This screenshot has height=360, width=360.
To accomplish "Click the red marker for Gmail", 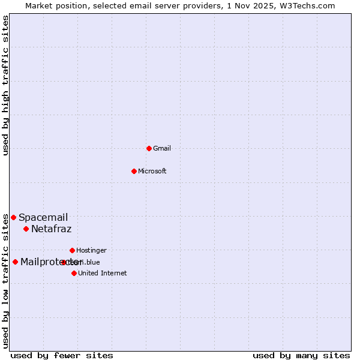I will tap(149, 148).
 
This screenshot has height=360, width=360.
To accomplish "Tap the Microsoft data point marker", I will tap(134, 171).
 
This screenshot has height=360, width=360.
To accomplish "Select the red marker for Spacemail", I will tap(13, 217).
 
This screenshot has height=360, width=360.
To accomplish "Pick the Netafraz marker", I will tap(26, 229).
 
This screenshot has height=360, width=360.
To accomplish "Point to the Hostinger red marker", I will tap(72, 250).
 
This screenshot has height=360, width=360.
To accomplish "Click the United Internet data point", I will tap(74, 273).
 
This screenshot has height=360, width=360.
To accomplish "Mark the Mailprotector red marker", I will tap(15, 262).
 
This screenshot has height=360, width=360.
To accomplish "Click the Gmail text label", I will tap(162, 148).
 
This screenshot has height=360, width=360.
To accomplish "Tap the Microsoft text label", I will tap(152, 171).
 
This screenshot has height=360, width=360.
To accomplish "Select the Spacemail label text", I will tap(43, 218).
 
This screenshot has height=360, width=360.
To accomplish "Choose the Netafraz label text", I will tap(52, 229).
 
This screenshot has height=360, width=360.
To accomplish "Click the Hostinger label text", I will tap(92, 250).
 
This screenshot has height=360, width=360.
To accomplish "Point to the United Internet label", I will tap(103, 273).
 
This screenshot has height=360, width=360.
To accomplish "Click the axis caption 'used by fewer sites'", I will tap(62, 355).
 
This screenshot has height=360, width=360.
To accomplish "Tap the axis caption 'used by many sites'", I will tap(301, 355).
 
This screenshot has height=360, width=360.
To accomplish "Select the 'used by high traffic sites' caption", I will tap(5, 85).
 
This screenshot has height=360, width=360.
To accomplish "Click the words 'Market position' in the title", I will tap(53, 5).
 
